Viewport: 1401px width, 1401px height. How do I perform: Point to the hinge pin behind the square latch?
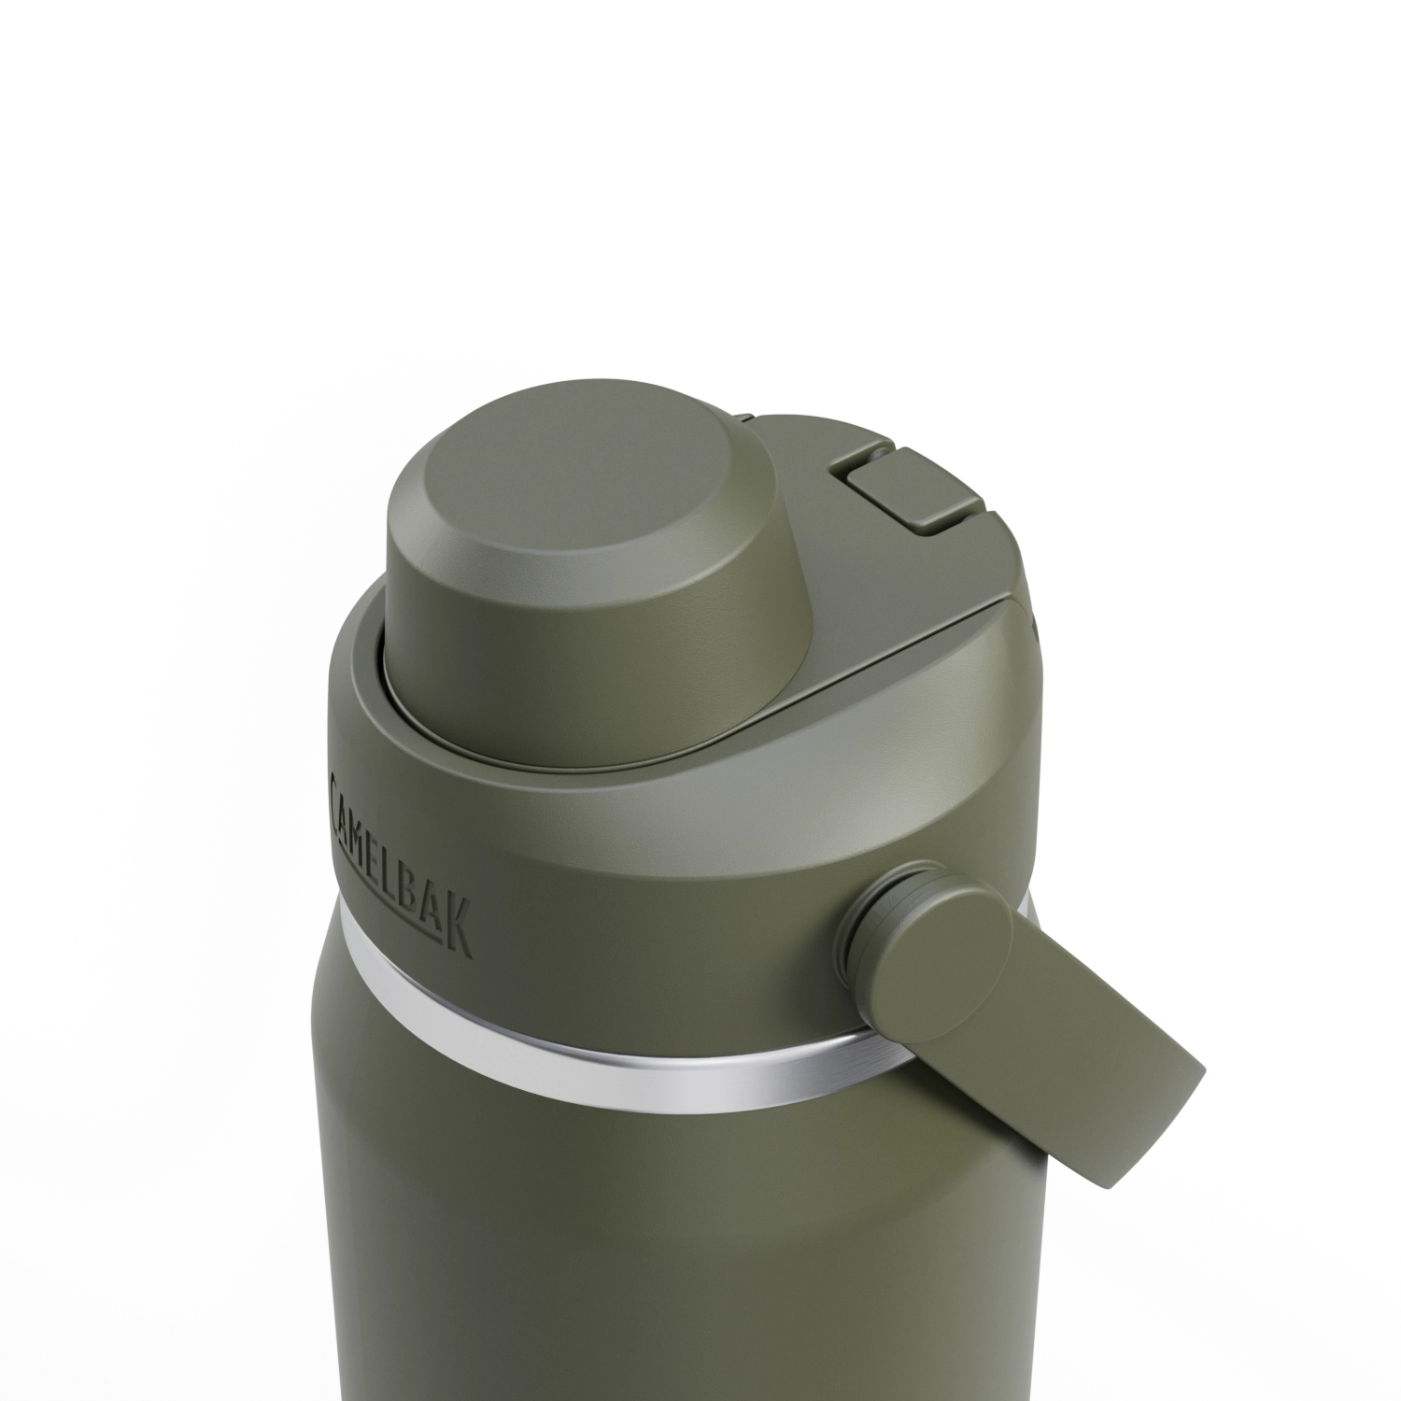[x=871, y=452]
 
